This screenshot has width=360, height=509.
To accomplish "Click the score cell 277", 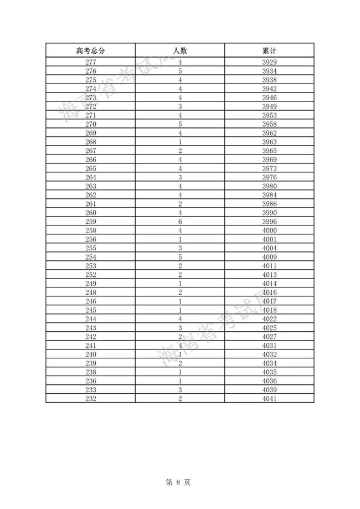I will [91, 62].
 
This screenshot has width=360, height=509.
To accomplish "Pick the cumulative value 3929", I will [270, 62].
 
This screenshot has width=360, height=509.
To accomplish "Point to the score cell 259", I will [91, 222].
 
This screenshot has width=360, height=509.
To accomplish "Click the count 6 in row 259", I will [181, 222].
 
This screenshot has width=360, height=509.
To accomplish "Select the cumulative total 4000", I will [270, 230].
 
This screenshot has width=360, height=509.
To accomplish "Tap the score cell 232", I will [91, 399].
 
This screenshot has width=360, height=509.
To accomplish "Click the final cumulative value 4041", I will [270, 399].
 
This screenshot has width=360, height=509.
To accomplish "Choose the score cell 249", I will [91, 284].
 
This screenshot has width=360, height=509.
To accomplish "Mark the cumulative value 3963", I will [270, 142].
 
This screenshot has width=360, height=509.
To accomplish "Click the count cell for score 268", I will [181, 142].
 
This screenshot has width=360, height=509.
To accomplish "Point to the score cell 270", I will [91, 124].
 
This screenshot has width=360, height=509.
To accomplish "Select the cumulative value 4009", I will [270, 257].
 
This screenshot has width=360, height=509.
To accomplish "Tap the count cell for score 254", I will [181, 257].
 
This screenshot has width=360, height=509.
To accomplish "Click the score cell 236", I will [91, 381].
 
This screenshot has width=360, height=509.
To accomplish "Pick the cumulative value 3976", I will [270, 177].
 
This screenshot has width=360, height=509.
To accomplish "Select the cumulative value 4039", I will [270, 390].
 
